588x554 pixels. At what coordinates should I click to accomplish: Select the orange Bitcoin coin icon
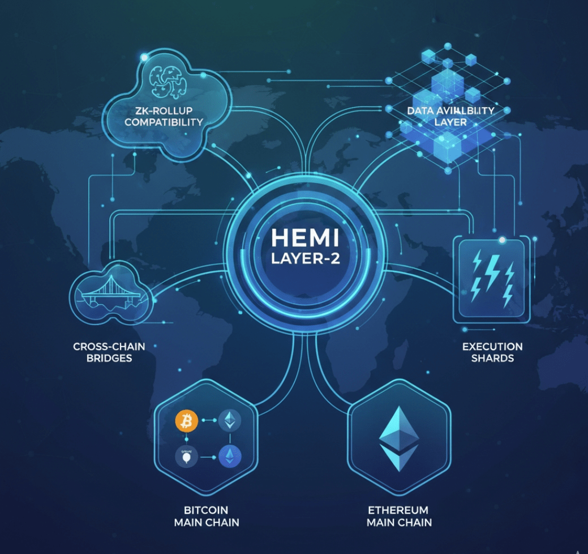click(x=185, y=420)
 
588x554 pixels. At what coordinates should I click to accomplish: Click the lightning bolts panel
click(x=492, y=278)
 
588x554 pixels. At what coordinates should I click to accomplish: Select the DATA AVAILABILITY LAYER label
click(x=450, y=116)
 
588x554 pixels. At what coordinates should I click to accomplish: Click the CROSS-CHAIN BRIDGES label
click(x=109, y=352)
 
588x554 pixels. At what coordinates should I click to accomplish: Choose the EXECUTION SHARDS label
click(x=492, y=352)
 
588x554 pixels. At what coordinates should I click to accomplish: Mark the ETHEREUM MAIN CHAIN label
click(x=399, y=516)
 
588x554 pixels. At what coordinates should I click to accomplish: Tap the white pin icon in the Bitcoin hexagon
click(x=185, y=457)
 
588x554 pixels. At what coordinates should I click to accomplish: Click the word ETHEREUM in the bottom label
click(x=399, y=510)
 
